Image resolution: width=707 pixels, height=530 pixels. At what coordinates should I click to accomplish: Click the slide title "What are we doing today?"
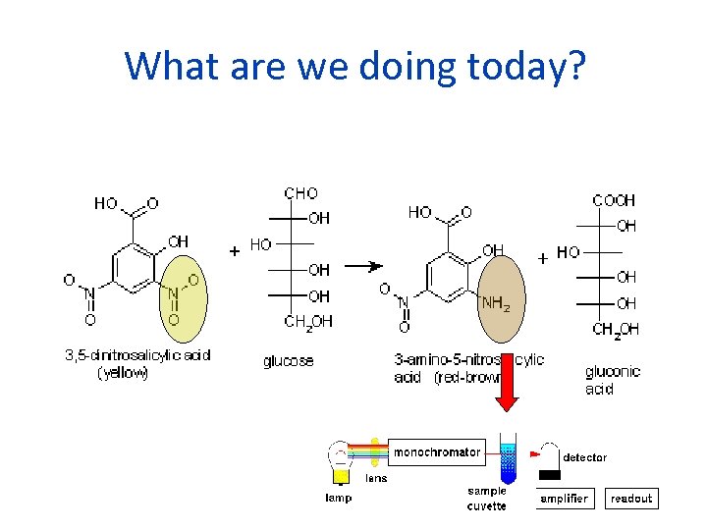[354, 66]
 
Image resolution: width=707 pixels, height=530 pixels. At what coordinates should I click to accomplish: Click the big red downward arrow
[507, 388]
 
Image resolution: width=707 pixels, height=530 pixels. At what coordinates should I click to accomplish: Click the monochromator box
[437, 452]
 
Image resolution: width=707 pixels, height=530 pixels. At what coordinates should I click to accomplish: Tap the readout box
[630, 499]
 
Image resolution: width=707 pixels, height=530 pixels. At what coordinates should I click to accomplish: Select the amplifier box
[565, 499]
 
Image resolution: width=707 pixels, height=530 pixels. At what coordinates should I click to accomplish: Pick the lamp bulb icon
[339, 458]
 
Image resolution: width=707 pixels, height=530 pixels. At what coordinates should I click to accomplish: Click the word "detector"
[584, 457]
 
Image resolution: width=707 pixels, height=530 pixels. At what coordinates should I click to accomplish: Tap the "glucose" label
[288, 361]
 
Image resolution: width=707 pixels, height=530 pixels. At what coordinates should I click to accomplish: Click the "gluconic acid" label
[612, 380]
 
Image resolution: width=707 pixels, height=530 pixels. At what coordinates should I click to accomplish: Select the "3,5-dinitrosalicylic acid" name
[137, 354]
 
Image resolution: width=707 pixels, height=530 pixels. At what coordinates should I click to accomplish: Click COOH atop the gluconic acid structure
[614, 200]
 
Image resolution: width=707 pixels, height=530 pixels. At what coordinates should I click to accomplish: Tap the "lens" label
[376, 478]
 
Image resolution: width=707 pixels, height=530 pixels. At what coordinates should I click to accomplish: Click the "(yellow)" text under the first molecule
[123, 373]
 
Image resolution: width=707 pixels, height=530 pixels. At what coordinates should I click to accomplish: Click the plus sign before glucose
[235, 250]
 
